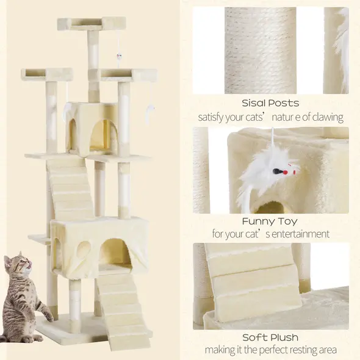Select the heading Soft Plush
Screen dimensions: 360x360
(270, 337)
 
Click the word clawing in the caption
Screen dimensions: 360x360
(326, 117)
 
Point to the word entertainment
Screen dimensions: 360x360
(301, 234)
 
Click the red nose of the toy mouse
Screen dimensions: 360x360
(293, 173)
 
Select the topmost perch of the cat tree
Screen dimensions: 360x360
(97, 24)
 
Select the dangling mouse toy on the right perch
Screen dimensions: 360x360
(150, 110)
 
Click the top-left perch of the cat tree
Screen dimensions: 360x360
(46, 75)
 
